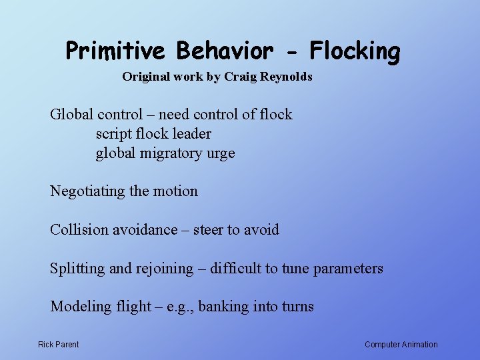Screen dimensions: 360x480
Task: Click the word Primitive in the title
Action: point(116,51)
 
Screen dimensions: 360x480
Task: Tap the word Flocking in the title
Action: point(355,51)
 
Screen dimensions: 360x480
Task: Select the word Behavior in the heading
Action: point(225,51)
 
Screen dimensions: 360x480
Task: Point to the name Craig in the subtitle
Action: point(240,77)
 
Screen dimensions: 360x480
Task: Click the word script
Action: point(113,134)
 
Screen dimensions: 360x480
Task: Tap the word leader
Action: point(191,134)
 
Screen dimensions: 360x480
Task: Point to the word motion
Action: point(176,191)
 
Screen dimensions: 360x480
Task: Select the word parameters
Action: point(347,269)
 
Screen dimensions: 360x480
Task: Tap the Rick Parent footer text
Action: point(59,345)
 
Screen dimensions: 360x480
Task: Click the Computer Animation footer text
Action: point(401,345)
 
